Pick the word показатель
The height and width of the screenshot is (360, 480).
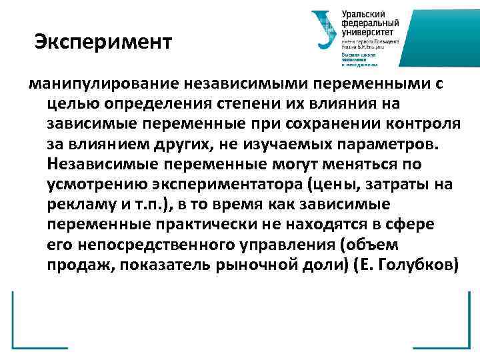173,263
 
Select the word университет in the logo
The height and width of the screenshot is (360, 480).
369,32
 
